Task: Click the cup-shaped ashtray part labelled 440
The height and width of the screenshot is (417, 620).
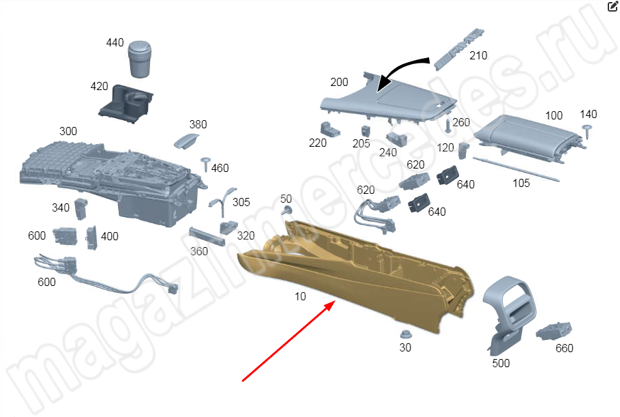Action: [x=140, y=59]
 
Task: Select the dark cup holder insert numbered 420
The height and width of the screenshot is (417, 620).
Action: [x=126, y=104]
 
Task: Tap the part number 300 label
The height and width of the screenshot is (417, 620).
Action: [x=68, y=131]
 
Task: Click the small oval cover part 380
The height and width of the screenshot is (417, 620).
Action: [x=186, y=141]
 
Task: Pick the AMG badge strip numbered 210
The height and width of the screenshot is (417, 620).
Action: [x=458, y=49]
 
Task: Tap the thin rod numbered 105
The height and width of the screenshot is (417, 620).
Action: [x=516, y=169]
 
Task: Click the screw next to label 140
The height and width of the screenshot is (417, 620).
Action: [x=587, y=131]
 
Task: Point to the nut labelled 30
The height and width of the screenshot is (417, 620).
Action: [x=405, y=334]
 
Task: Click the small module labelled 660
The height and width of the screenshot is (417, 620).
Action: [x=554, y=332]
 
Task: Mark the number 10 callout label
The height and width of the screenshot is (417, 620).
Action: [x=300, y=296]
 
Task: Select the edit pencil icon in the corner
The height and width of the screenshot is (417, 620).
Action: [x=612, y=7]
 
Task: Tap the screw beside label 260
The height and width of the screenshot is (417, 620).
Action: [x=447, y=126]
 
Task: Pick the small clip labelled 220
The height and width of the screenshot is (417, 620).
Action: [x=329, y=130]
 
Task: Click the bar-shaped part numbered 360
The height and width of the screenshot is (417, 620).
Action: [x=207, y=236]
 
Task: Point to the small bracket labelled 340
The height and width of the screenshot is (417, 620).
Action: [x=81, y=209]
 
